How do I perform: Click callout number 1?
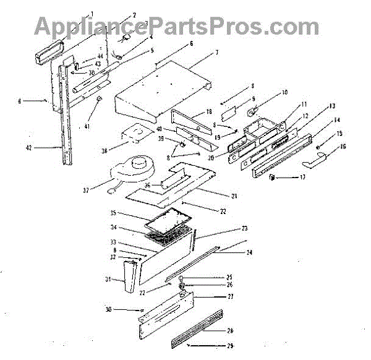click(92, 14)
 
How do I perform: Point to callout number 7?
click(217, 52)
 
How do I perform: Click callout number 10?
click(284, 93)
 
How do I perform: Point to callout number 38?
click(104, 150)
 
